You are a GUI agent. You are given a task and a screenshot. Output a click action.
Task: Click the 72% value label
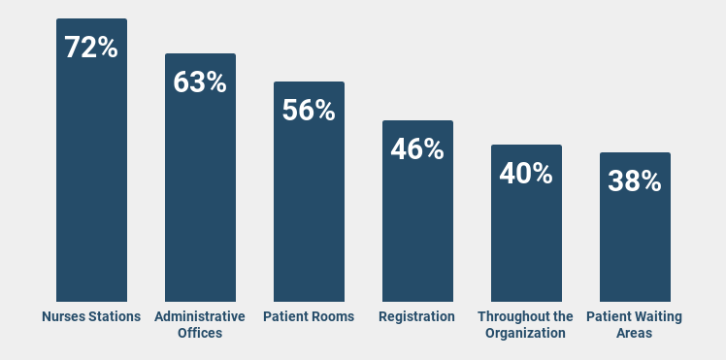(x=91, y=47)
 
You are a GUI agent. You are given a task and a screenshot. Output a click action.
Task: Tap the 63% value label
(x=200, y=82)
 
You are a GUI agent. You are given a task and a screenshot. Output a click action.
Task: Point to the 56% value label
(x=309, y=110)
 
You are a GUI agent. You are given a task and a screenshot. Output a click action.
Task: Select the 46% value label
(x=417, y=148)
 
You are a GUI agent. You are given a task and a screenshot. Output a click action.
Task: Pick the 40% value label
(x=526, y=173)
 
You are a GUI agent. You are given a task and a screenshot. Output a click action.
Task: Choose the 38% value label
(x=635, y=180)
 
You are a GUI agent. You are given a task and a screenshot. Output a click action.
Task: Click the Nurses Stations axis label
(x=91, y=316)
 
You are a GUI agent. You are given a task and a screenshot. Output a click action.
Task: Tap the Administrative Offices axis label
(x=200, y=324)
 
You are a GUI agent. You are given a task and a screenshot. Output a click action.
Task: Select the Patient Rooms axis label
(x=309, y=316)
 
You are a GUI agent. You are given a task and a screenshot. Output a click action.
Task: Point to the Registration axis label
(x=417, y=316)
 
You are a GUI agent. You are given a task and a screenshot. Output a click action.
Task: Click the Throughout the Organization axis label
(x=526, y=324)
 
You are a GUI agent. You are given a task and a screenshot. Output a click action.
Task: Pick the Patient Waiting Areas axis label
(x=635, y=324)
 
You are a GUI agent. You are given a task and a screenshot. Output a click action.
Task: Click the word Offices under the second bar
(x=200, y=333)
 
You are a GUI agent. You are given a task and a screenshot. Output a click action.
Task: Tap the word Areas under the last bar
(x=635, y=333)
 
